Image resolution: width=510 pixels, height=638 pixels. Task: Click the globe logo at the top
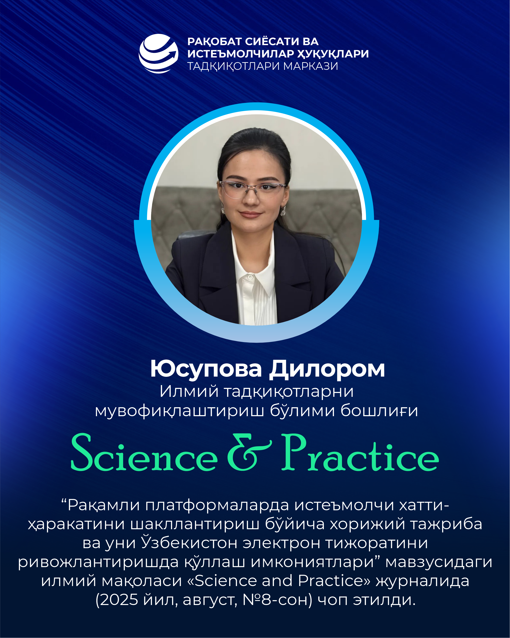coord(159,53)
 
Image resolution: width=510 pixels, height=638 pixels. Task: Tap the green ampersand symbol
coord(249,452)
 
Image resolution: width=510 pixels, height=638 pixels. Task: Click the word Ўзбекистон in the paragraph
coord(189,543)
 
